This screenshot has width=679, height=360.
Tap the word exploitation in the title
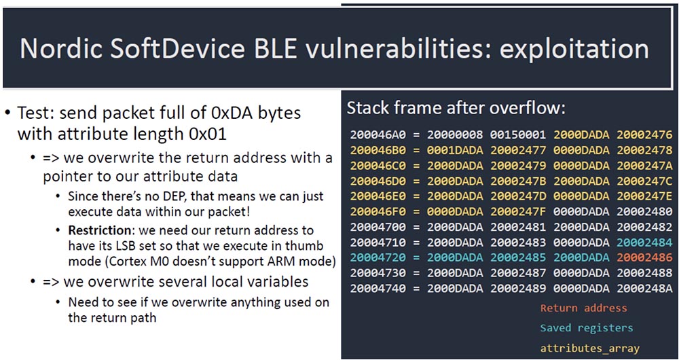(x=574, y=49)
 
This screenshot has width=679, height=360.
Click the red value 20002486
(x=645, y=257)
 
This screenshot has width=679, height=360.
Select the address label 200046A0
(x=378, y=134)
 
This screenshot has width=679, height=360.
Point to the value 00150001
(x=518, y=134)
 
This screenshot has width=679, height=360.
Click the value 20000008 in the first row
(x=455, y=134)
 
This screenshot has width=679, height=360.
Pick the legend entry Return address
(x=584, y=308)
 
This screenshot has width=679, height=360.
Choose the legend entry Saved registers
(x=587, y=328)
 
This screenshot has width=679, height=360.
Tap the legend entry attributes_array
(x=590, y=348)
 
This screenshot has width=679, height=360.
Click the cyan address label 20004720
(x=378, y=257)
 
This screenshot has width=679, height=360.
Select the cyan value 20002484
(x=645, y=242)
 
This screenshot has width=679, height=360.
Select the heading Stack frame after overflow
(x=456, y=108)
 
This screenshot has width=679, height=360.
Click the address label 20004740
(x=378, y=289)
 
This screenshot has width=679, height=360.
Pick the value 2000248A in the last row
(x=645, y=289)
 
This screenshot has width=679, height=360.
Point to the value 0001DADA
(x=455, y=150)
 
